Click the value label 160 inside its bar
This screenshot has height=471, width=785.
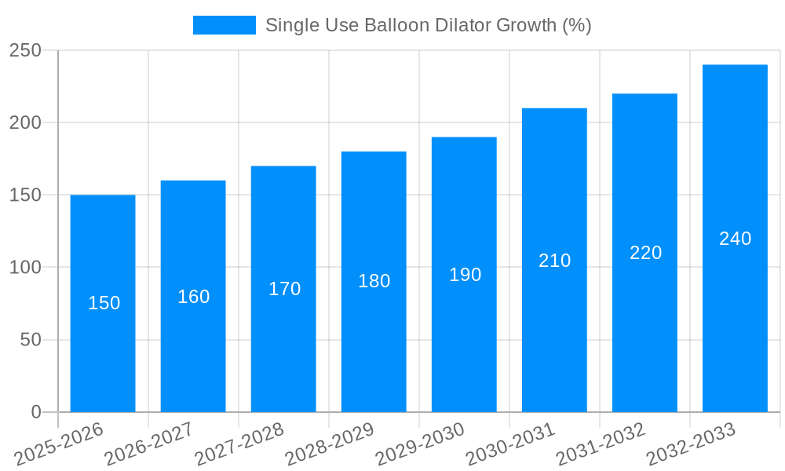[x=193, y=297]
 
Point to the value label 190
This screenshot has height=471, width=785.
[x=465, y=275]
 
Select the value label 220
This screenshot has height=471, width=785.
[x=645, y=253]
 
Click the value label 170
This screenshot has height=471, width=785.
[x=284, y=289]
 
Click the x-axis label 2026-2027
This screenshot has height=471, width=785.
[x=150, y=444]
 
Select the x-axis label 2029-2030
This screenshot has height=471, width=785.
[x=421, y=444]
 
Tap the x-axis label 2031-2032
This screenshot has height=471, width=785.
[x=601, y=444]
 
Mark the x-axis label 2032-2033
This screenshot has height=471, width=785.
[x=692, y=444]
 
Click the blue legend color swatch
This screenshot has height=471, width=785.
[x=224, y=25]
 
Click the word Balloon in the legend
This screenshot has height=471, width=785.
[x=396, y=25]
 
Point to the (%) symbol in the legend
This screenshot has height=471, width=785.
[x=576, y=25]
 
